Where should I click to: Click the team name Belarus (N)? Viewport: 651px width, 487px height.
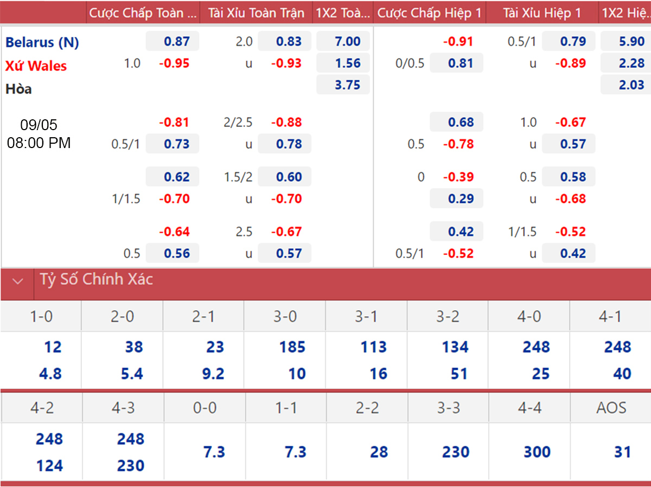[42, 42]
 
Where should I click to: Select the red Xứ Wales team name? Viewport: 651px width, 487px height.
[36, 66]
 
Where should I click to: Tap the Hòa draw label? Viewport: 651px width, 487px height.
[18, 89]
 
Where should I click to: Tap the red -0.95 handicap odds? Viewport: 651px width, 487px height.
[174, 63]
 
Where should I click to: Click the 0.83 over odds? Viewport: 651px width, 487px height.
[289, 41]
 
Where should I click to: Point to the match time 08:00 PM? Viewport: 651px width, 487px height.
[39, 143]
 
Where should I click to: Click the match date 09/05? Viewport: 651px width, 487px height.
[39, 125]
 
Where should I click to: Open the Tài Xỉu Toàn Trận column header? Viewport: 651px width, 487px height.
[256, 12]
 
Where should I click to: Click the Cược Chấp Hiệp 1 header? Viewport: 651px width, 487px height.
[429, 12]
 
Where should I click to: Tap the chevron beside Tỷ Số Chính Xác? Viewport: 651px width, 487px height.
[18, 281]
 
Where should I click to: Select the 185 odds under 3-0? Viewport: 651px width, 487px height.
[292, 347]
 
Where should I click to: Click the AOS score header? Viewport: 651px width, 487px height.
[611, 408]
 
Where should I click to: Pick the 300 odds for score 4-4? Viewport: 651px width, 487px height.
[537, 452]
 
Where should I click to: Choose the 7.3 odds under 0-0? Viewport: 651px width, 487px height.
[214, 452]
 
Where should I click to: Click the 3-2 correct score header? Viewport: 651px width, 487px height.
[448, 316]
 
